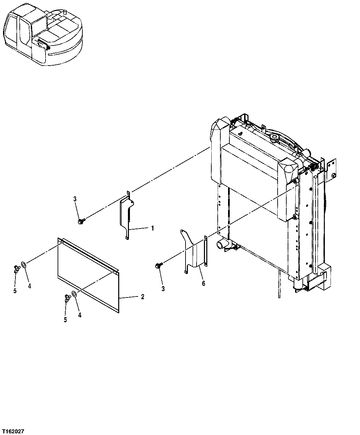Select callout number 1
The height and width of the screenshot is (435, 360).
click(152, 228)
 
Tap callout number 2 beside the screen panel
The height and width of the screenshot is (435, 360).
click(142, 297)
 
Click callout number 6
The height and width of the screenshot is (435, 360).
click(203, 283)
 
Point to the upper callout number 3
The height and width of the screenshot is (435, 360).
click(75, 199)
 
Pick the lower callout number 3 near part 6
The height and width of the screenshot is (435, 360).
click(163, 289)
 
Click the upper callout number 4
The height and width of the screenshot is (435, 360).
click(29, 286)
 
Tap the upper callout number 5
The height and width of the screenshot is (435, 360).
click(15, 291)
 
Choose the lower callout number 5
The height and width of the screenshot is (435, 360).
click(65, 320)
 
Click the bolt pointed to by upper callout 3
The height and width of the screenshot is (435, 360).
click(81, 221)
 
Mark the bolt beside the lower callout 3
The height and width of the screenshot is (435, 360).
click(158, 265)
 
